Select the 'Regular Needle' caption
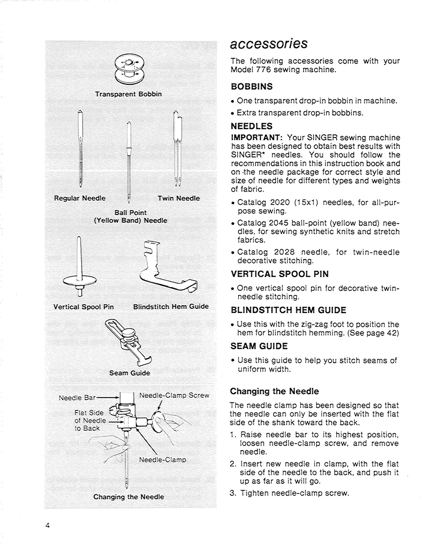[x=80, y=198]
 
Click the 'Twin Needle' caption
[x=178, y=198]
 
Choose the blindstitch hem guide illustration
[x=167, y=271]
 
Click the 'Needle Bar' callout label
[x=77, y=398]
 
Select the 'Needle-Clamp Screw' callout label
[x=174, y=395]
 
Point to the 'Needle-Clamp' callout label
[x=162, y=460]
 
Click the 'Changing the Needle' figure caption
[x=129, y=497]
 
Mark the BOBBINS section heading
[x=251, y=87]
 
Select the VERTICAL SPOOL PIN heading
[x=280, y=274]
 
